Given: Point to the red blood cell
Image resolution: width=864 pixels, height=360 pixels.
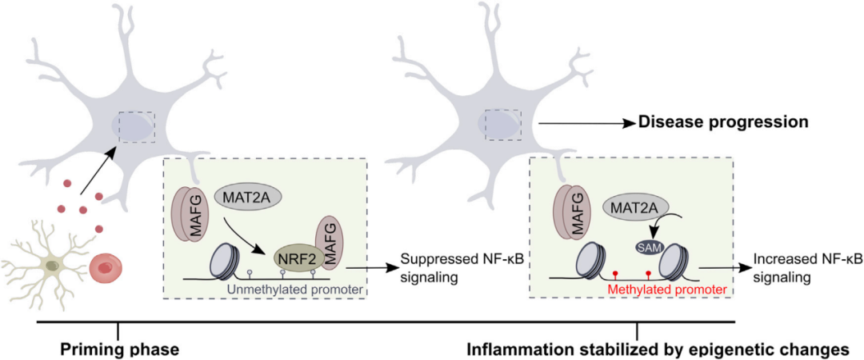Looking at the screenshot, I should (x=106, y=270).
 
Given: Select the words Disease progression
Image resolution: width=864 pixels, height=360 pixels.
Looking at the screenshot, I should (x=722, y=122).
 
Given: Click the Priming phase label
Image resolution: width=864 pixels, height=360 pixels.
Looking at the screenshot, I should (x=119, y=349).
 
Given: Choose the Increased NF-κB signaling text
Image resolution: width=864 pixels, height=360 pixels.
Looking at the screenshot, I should (x=803, y=268).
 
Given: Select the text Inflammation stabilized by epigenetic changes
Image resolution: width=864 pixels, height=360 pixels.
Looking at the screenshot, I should (x=657, y=349).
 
